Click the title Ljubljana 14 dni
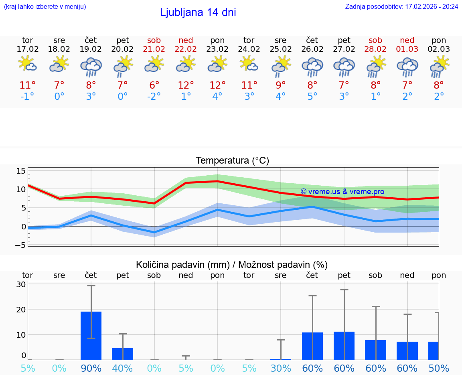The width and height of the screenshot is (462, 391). coord(198,12)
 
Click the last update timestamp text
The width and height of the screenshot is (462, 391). coord(401,6)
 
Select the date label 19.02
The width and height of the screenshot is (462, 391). coord(91,49)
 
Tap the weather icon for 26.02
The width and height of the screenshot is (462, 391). coord(312,67)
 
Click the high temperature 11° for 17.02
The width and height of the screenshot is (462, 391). coord(28,85)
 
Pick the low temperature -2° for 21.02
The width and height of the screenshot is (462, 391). coord(154,96)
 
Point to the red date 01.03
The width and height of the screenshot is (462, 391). coord(407,49)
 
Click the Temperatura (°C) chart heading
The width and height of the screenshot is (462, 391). coord(232,161)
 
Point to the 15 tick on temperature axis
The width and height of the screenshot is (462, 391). coord(21,171)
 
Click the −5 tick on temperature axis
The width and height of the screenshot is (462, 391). coord(21,245)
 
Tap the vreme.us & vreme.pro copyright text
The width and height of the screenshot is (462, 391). coord(342,192)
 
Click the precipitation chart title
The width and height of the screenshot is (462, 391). coord(232,265)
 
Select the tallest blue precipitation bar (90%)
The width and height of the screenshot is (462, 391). coord(91,336)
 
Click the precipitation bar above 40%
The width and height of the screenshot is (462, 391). coord(122,354)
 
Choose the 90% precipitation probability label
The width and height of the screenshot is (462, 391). coord(91,368)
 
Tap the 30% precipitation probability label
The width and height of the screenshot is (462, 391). coord(280,368)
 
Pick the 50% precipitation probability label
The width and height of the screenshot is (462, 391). coord(439,368)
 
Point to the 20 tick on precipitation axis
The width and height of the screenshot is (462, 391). coord(21,309)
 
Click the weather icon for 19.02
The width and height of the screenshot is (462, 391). coord(91,67)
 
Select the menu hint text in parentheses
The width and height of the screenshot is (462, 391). coord(45,6)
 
